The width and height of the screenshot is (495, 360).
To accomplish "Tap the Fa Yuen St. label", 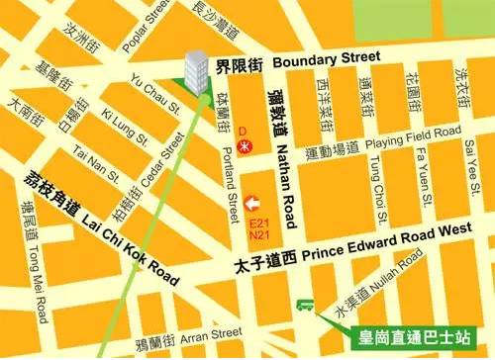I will (x=420, y=174).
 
